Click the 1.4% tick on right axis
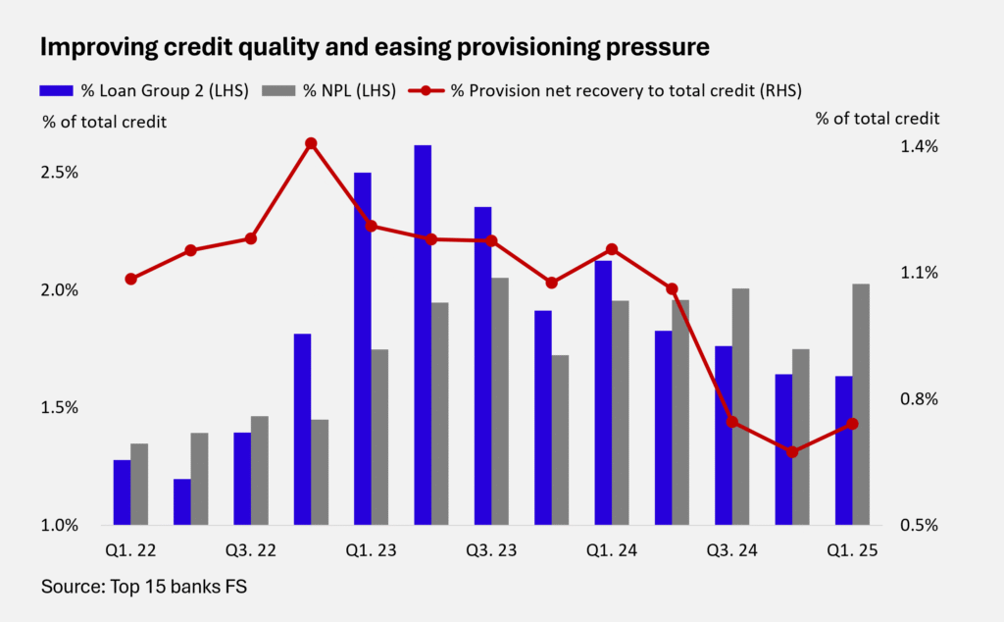918,146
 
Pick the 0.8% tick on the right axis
918,399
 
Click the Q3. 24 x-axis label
731,551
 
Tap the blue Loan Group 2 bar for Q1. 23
363,348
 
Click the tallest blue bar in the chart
423,335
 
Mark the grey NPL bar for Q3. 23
500,401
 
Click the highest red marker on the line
311,143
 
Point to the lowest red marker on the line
792,452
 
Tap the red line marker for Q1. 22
130,279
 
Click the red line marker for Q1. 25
852,424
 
